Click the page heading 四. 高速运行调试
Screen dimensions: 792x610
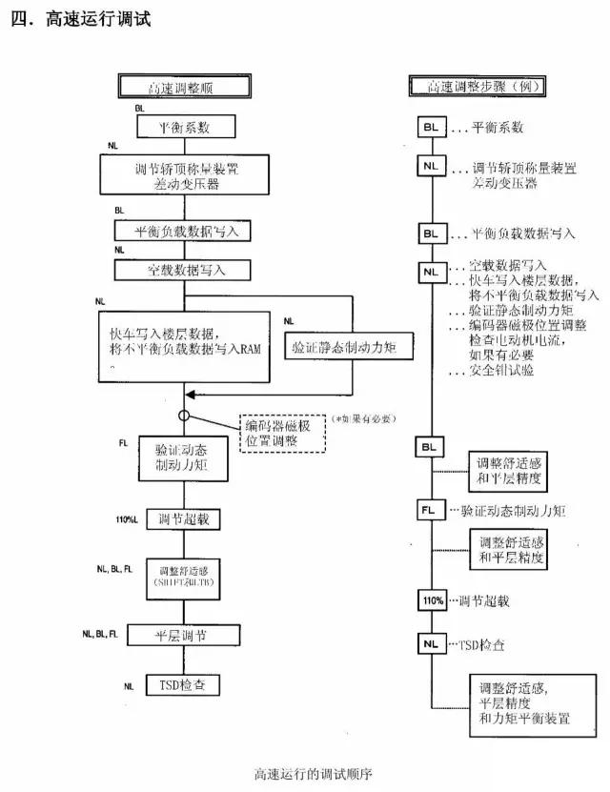pyautogui.click(x=81, y=20)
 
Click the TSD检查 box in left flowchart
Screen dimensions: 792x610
pyautogui.click(x=182, y=685)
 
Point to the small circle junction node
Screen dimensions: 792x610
pyautogui.click(x=183, y=416)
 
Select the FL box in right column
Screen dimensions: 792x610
pyautogui.click(x=431, y=510)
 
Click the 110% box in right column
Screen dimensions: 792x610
pyautogui.click(x=431, y=600)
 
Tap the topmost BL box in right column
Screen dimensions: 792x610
pyautogui.click(x=431, y=127)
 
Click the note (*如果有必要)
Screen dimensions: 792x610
pyautogui.click(x=363, y=418)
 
